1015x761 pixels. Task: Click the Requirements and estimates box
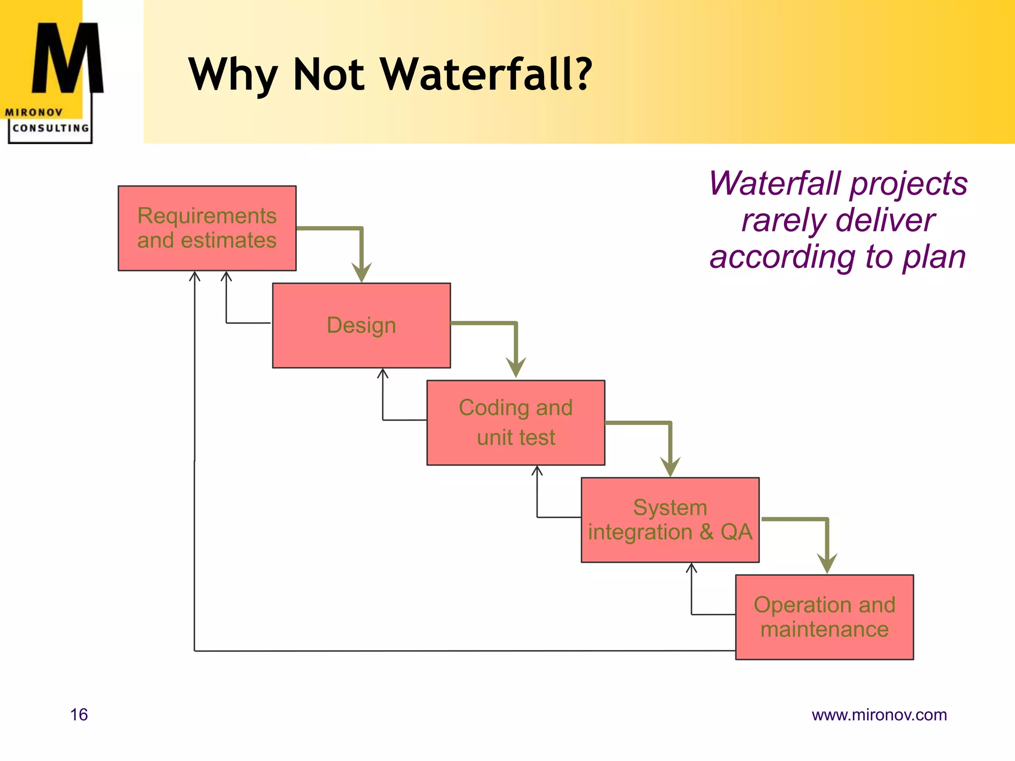(207, 228)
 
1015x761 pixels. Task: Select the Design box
(361, 326)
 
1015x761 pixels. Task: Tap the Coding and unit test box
(515, 423)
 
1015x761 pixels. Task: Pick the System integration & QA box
(670, 520)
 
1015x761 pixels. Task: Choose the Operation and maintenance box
(824, 617)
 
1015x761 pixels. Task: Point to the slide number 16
(79, 714)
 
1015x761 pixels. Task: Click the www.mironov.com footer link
(879, 714)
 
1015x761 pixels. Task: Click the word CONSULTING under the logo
(51, 128)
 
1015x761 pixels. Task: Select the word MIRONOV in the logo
(34, 112)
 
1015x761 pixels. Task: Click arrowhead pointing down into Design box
(362, 272)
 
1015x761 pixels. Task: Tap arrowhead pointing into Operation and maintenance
(827, 564)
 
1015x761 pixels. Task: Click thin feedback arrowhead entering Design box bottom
(383, 373)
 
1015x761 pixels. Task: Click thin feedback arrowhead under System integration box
(691, 568)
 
